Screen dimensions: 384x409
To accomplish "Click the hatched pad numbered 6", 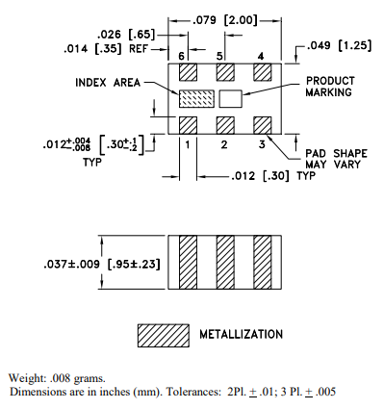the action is point(188,72).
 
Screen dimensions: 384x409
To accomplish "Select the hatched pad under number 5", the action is point(225,72).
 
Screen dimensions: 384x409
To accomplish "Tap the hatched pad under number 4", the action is point(263,72).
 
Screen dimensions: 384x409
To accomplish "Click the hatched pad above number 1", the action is point(188,125).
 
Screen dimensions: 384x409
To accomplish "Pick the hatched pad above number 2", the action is point(225,125).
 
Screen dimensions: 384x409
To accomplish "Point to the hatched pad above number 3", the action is point(263,125).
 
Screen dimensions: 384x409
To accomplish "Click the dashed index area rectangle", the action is point(196,98).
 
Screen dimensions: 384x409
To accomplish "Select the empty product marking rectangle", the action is point(230,98).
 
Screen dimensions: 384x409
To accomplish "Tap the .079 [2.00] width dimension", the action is point(225,20).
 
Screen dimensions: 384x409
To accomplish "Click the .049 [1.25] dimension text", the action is point(340,45).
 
